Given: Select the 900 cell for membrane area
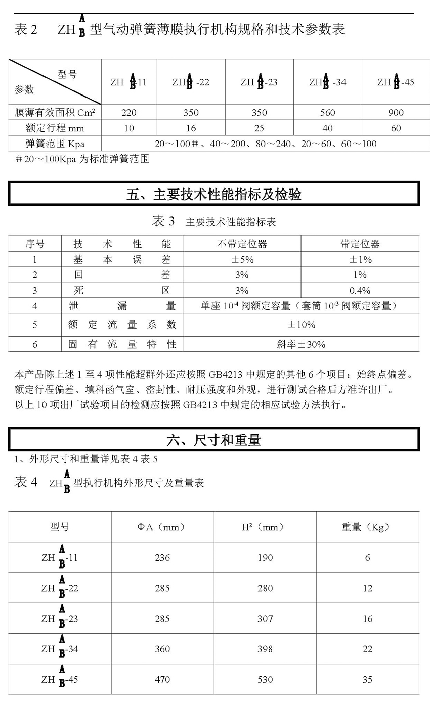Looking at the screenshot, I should point(396,113).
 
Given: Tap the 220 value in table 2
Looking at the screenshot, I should point(129,113).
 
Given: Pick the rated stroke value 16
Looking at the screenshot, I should point(191,128).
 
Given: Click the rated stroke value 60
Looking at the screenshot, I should point(396,128).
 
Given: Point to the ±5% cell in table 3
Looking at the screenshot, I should point(242,260).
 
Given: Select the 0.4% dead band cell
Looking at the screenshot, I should point(360,291).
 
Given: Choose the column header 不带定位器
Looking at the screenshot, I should point(242,244).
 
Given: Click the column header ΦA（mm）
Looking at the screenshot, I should point(162,527).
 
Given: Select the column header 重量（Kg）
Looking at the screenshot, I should point(367,527).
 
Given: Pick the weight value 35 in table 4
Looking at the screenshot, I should point(367,680).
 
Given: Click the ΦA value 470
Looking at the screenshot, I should point(162,680).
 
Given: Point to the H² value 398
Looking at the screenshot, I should point(265,649).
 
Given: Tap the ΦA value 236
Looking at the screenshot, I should point(162,558).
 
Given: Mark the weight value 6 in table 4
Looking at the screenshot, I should point(367,558).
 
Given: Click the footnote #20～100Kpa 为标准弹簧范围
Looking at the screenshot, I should point(82,159).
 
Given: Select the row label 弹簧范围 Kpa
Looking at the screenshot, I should point(55,144).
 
